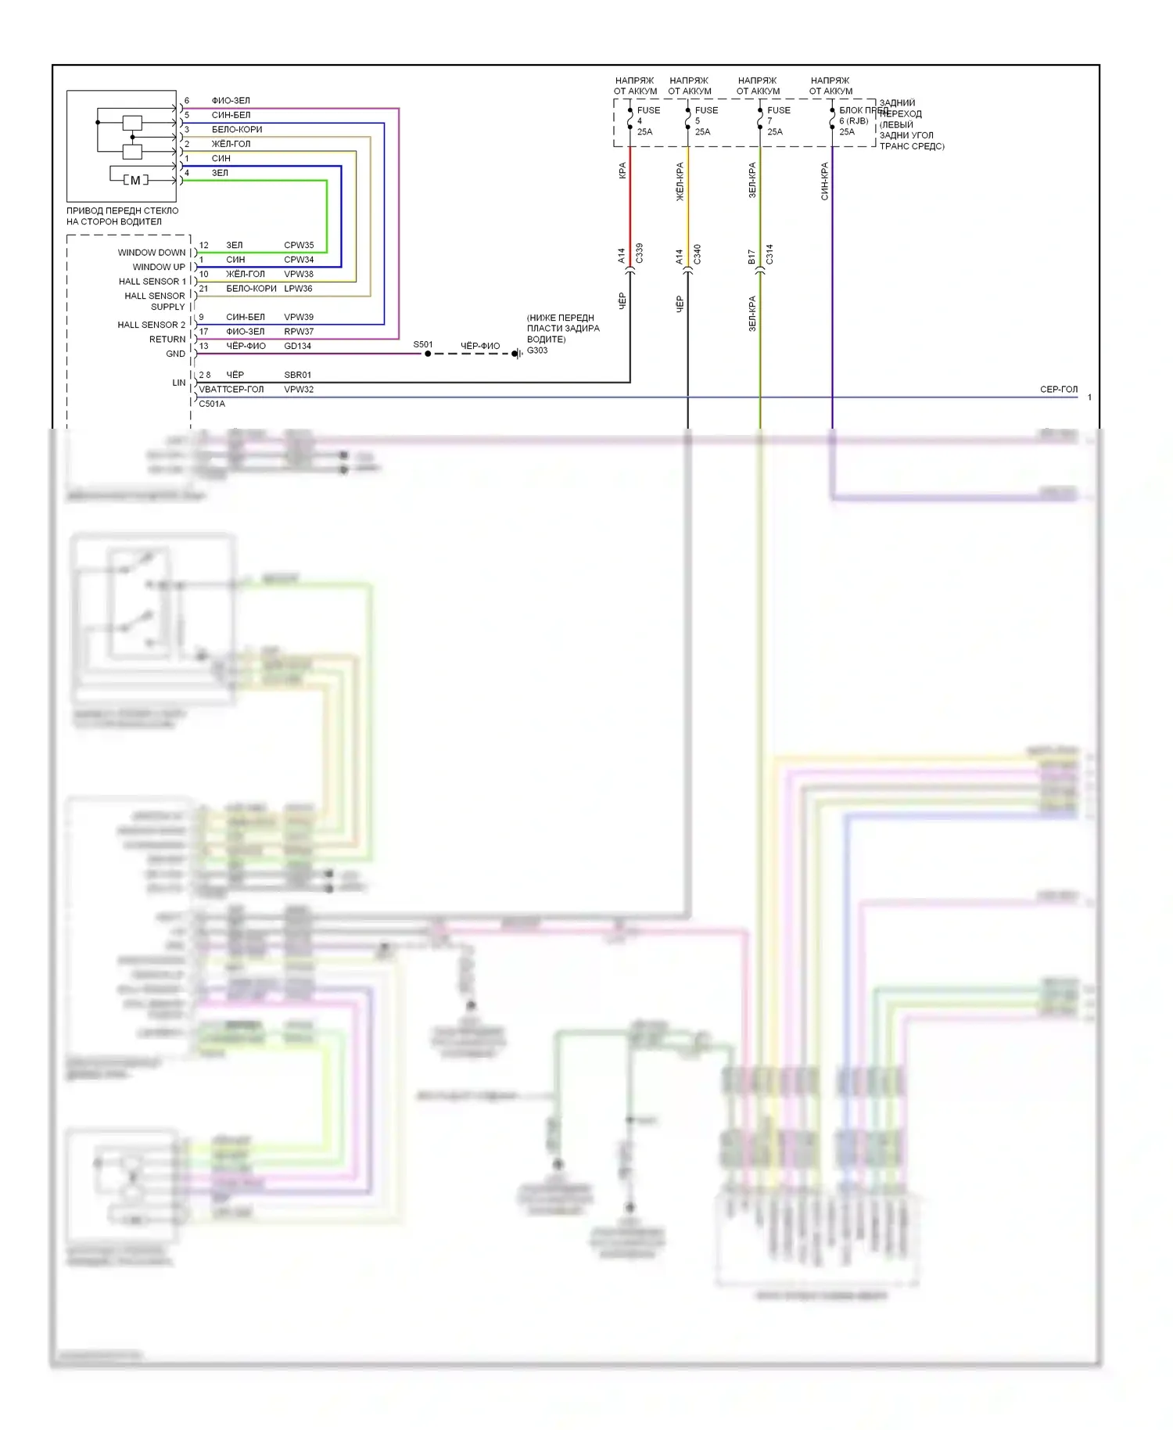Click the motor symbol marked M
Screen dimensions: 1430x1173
(x=135, y=180)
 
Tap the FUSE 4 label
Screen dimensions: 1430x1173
(x=647, y=110)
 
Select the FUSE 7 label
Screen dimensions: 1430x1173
(x=778, y=110)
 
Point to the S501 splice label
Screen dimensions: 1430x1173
(x=423, y=344)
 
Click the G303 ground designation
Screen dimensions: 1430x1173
(x=537, y=350)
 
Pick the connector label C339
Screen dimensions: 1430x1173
(x=639, y=253)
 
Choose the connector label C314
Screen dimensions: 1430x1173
(x=769, y=253)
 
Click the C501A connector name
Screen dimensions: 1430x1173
(x=212, y=404)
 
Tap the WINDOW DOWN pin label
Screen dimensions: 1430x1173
(x=152, y=253)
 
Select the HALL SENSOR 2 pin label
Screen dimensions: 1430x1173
(x=152, y=325)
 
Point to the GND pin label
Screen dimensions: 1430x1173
(x=176, y=354)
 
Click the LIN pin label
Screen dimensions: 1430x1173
(x=179, y=383)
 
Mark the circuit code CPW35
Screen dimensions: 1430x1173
(x=299, y=245)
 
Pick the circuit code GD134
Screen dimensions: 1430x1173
(x=297, y=346)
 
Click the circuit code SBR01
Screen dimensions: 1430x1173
(x=297, y=375)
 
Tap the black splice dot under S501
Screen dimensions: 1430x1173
(x=428, y=354)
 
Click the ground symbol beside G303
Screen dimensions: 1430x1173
(x=517, y=354)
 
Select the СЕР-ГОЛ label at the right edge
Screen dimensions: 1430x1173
(x=1059, y=389)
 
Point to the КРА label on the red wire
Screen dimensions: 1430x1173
(x=622, y=171)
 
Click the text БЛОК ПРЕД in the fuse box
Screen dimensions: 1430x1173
(x=863, y=110)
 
